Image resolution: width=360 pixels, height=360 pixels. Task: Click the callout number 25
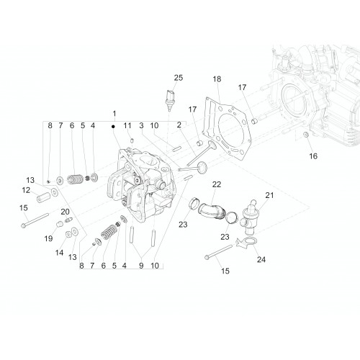179,78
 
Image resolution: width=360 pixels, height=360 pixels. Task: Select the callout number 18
217,79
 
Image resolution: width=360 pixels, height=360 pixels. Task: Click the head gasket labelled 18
227,128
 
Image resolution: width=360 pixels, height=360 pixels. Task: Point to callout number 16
313,156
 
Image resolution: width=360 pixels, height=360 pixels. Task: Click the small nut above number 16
306,135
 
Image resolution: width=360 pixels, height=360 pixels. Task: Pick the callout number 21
269,195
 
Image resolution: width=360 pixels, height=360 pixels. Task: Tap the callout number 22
217,184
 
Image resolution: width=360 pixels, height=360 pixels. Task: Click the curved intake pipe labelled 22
211,210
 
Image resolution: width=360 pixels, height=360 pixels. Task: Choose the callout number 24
261,259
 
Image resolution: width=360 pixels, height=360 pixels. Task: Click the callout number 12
26,190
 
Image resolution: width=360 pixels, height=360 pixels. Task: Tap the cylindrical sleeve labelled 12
43,197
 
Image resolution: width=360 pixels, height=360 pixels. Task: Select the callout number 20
65,212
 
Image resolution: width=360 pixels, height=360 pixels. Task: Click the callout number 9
141,266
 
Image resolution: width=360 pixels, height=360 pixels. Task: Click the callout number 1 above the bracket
114,114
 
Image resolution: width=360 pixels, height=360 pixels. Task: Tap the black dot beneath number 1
113,126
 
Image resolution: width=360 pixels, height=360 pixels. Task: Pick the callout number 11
127,125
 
